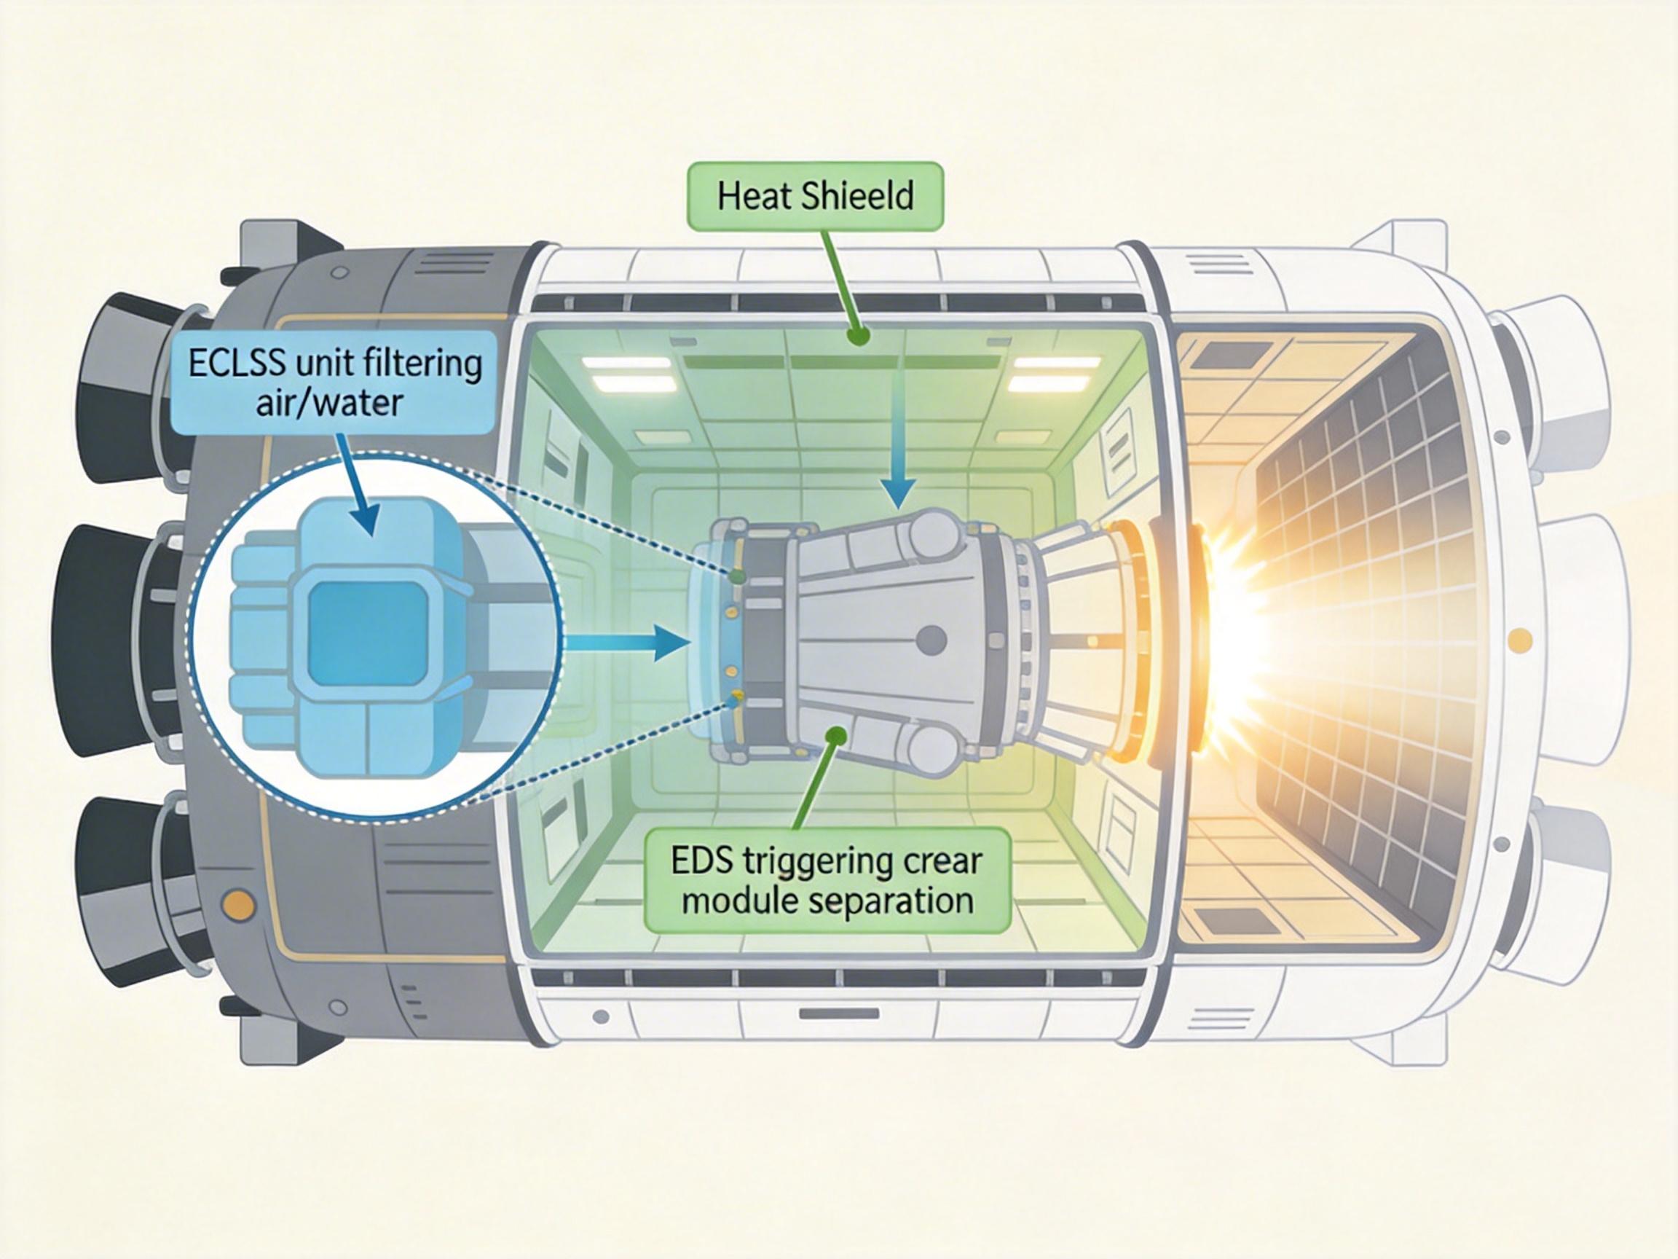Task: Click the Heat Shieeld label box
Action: point(816,196)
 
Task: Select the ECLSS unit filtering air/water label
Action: point(334,382)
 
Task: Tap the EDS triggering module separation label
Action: point(827,881)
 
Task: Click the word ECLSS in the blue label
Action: point(236,363)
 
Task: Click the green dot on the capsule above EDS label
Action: point(836,734)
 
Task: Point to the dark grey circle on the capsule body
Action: point(931,640)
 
